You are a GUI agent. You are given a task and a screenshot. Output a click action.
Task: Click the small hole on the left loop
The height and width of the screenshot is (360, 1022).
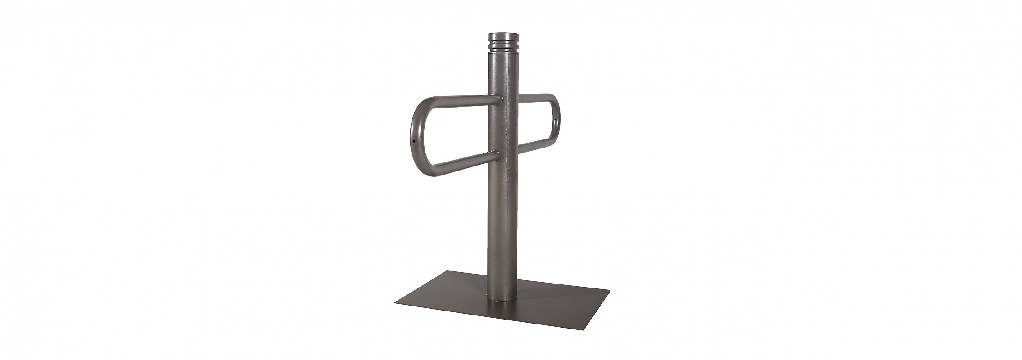98,140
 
